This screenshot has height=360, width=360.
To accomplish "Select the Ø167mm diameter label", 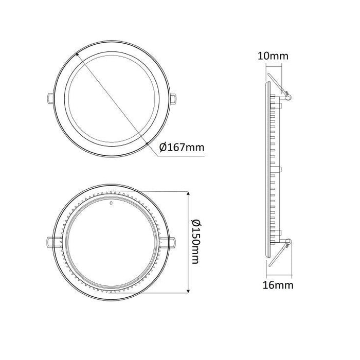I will pyautogui.click(x=182, y=148).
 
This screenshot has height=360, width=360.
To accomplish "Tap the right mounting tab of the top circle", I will pyautogui.click(x=175, y=97).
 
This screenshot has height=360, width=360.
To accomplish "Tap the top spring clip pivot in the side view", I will pyautogui.click(x=288, y=95).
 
